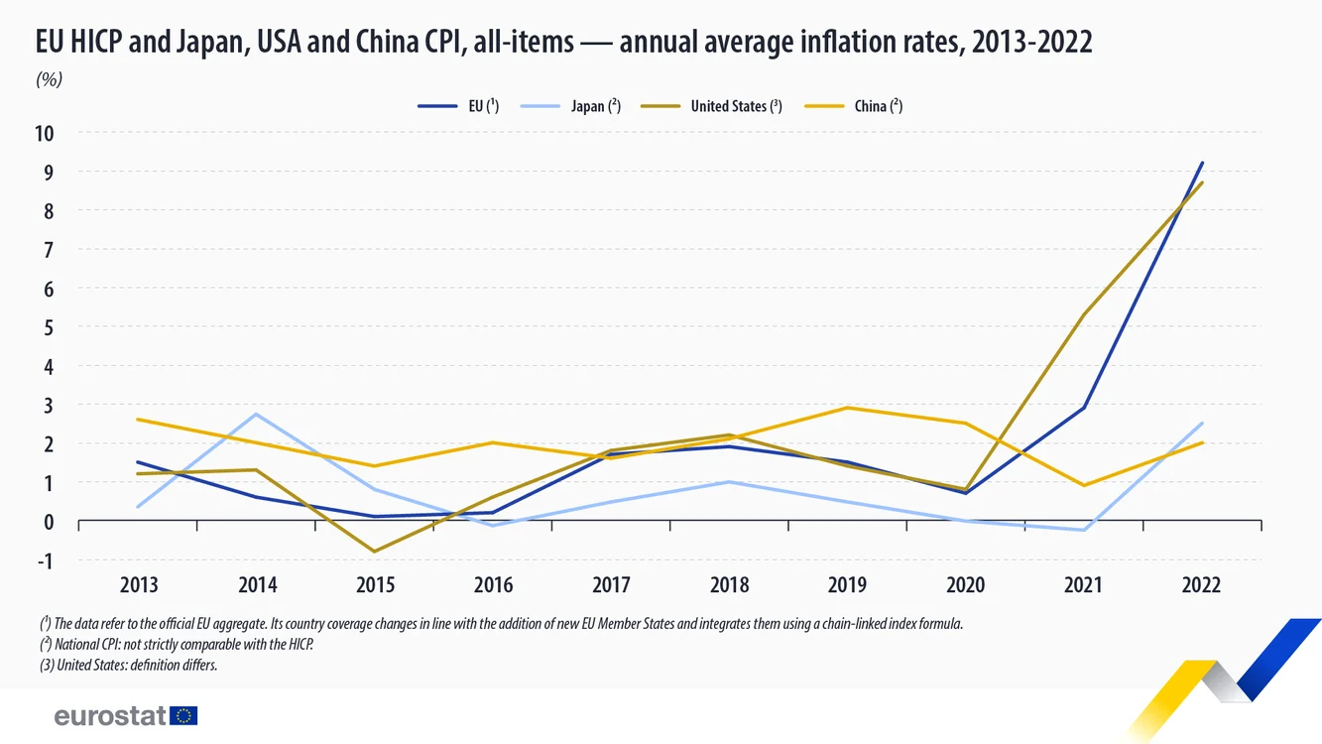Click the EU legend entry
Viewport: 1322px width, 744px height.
tap(458, 106)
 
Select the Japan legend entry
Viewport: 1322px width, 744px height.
tap(570, 106)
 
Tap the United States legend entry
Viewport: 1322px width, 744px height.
tap(711, 106)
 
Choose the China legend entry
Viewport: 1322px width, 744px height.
tap(853, 106)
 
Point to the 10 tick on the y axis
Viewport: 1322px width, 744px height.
tap(45, 134)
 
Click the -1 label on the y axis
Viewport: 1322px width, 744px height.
tap(45, 560)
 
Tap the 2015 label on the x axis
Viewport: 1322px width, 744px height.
tap(375, 584)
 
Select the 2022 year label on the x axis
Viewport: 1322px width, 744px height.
tap(1201, 584)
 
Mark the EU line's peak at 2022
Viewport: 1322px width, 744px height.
tap(1202, 163)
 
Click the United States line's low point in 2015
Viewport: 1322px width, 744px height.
tap(375, 552)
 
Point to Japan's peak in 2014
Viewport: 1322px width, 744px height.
tap(256, 414)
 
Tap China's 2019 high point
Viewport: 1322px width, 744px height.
tap(848, 408)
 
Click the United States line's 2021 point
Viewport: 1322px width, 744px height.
tap(1084, 314)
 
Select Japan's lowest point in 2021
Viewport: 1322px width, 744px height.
tap(1084, 530)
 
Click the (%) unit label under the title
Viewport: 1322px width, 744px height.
tap(49, 79)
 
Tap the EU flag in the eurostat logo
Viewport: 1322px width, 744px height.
tap(183, 715)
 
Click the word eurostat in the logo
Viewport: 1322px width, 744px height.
tap(110, 715)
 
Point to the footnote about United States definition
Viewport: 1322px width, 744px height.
tap(129, 665)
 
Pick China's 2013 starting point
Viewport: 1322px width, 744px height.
tap(138, 420)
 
